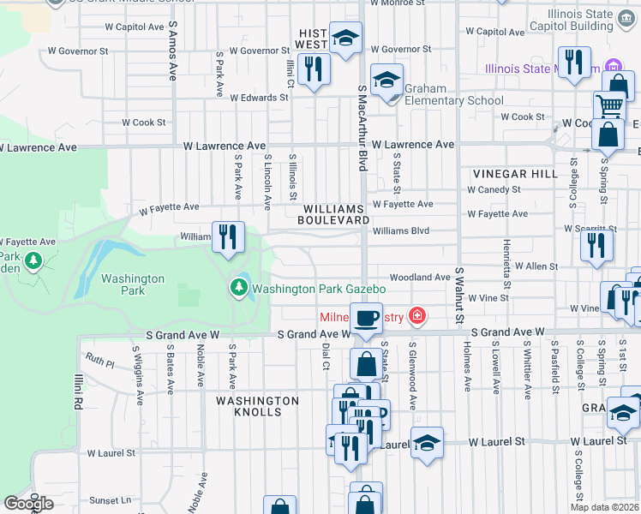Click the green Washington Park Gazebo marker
coord(239,289)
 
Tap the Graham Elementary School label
coord(454,94)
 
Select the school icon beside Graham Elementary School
coord(387,81)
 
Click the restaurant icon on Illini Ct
coord(314,69)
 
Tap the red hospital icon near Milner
coord(417,318)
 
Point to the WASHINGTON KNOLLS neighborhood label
coord(257,406)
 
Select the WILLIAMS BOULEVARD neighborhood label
coord(334,214)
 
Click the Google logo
coord(28,504)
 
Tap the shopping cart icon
coord(609,106)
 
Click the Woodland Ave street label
coord(419,278)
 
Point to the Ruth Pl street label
coord(99,362)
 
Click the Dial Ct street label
coord(326,356)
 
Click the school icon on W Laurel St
coord(427,443)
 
